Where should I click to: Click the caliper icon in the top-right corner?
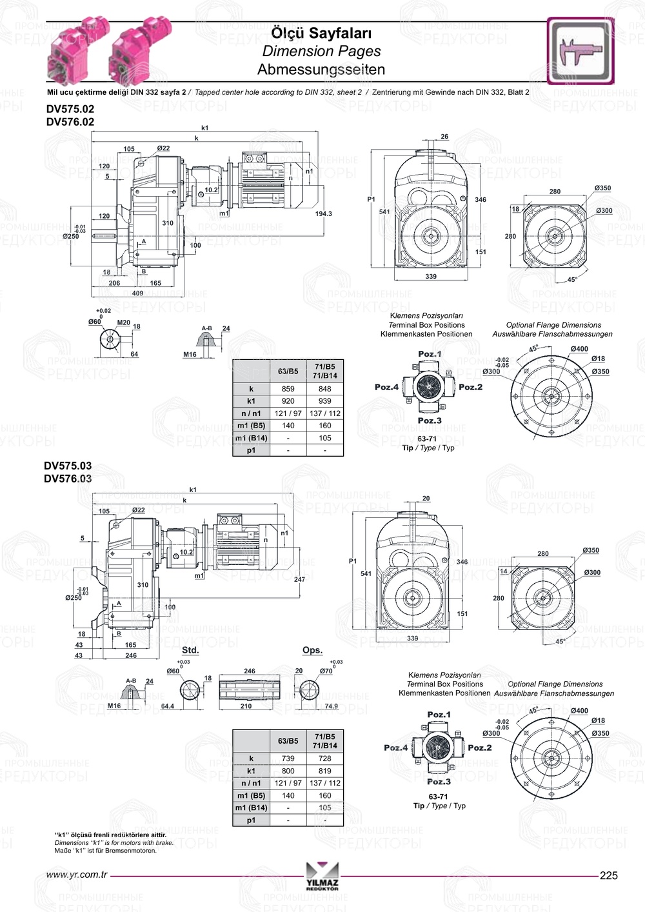pyautogui.click(x=580, y=51)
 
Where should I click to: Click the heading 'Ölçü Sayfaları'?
pyautogui.click(x=321, y=33)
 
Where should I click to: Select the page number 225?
pyautogui.click(x=608, y=875)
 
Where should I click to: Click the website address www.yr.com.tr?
pyautogui.click(x=77, y=875)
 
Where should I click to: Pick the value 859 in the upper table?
pyautogui.click(x=288, y=389)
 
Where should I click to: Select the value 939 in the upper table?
pyautogui.click(x=324, y=401)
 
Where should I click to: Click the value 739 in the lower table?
pyautogui.click(x=288, y=758)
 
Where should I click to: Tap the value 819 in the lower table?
pyautogui.click(x=324, y=771)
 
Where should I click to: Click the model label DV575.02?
pyautogui.click(x=70, y=110)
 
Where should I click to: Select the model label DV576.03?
pyautogui.click(x=68, y=479)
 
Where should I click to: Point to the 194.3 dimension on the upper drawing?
pyautogui.click(x=323, y=213)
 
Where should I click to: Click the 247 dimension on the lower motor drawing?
pyautogui.click(x=299, y=580)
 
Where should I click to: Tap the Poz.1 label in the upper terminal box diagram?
pyautogui.click(x=430, y=354)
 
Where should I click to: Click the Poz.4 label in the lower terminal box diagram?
pyautogui.click(x=395, y=748)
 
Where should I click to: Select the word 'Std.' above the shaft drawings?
pyautogui.click(x=190, y=650)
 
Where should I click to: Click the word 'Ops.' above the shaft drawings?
pyautogui.click(x=312, y=650)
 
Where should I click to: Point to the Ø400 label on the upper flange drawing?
pyautogui.click(x=579, y=349)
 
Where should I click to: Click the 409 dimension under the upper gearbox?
pyautogui.click(x=137, y=293)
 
